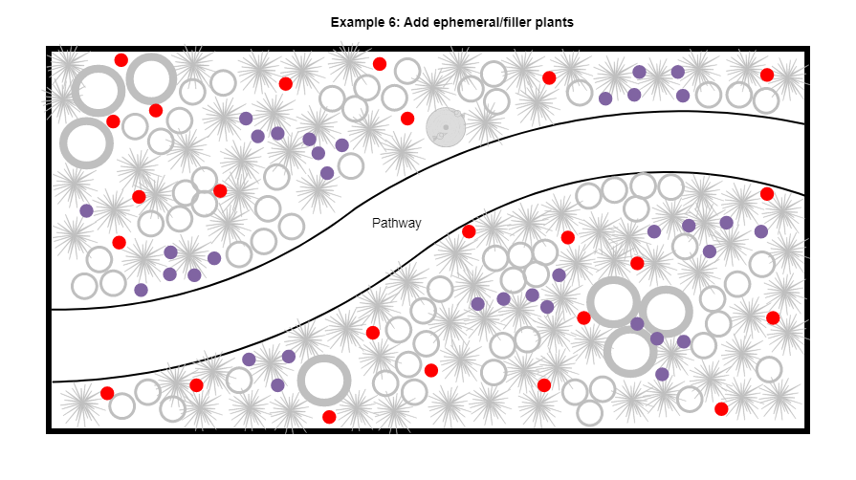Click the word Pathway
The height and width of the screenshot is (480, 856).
[x=396, y=224]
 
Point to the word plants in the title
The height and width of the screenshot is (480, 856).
[x=555, y=22]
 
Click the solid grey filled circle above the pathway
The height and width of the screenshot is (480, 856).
[x=445, y=127]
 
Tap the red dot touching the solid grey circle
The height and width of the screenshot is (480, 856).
[x=407, y=119]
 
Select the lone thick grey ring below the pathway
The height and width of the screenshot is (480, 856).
[x=324, y=381]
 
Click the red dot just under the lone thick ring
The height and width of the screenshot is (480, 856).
[x=329, y=417]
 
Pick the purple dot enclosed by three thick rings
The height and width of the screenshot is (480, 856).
[x=637, y=324]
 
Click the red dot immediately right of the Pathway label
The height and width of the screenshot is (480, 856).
[x=469, y=231]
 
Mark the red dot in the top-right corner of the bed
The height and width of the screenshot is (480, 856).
[x=767, y=75]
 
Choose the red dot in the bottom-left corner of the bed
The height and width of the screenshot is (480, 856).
[x=107, y=393]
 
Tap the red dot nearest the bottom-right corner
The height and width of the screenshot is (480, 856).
[x=721, y=409]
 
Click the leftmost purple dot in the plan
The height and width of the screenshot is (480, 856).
[x=86, y=210]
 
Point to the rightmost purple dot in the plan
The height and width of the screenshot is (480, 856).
[x=761, y=231]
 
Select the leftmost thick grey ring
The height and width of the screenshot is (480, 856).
[x=86, y=143]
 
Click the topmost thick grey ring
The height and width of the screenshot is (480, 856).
[x=151, y=78]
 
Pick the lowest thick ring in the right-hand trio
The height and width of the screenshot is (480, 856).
[x=630, y=351]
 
